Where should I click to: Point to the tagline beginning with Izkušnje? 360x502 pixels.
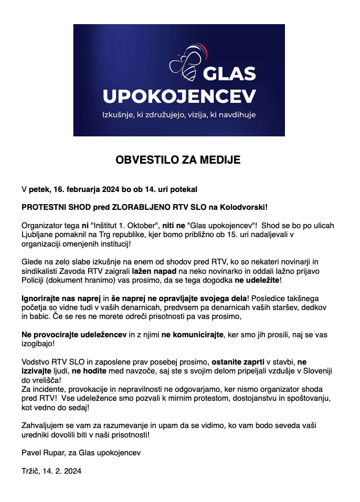click(179, 114)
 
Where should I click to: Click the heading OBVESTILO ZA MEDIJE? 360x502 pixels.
click(178, 160)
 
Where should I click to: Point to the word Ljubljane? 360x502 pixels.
click(38, 235)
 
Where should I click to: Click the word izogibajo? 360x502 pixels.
click(38, 344)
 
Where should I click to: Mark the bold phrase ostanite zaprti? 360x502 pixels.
click(238, 362)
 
